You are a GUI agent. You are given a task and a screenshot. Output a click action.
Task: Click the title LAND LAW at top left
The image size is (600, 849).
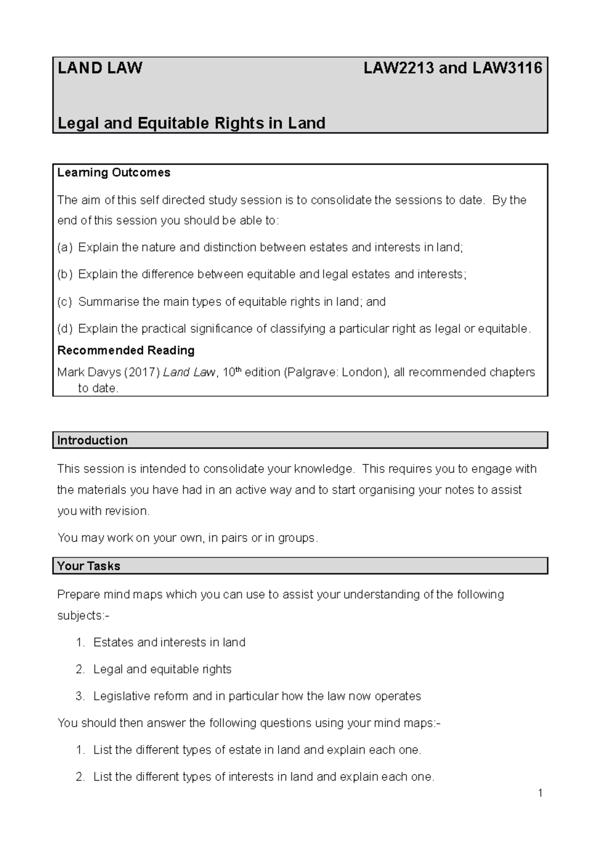tap(100, 68)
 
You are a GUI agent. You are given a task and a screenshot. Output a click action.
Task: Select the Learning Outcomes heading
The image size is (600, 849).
tap(113, 172)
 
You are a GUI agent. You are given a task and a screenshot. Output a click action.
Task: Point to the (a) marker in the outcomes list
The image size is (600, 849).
tap(64, 247)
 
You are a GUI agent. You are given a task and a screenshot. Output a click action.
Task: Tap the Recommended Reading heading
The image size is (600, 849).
tap(125, 350)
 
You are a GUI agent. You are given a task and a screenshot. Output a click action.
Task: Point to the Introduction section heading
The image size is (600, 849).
tap(92, 440)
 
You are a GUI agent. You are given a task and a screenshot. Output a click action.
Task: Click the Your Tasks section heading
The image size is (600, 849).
tap(88, 566)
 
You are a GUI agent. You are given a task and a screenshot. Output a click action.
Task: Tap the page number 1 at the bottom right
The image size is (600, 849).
tap(540, 793)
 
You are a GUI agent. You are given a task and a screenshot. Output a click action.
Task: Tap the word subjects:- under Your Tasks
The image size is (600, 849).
tap(83, 615)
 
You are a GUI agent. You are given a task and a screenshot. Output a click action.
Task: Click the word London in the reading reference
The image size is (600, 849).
tap(362, 372)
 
